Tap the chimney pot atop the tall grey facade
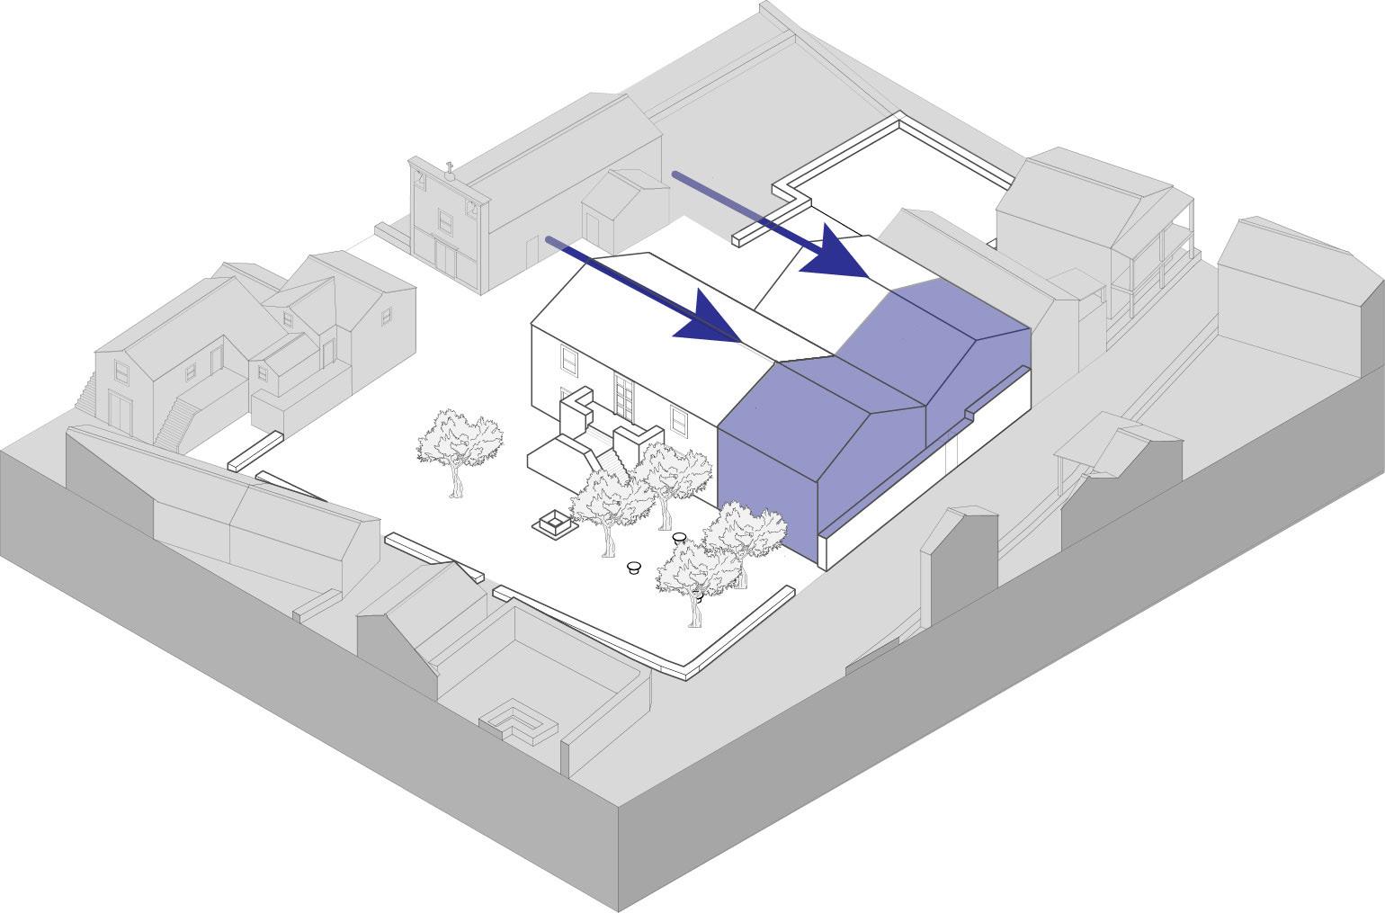(x=449, y=168)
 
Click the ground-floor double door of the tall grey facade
(x=445, y=254)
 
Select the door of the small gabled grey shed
(x=594, y=228)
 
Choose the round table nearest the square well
(x=634, y=567)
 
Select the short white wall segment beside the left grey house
(x=255, y=450)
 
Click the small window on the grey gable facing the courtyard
(x=386, y=316)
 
